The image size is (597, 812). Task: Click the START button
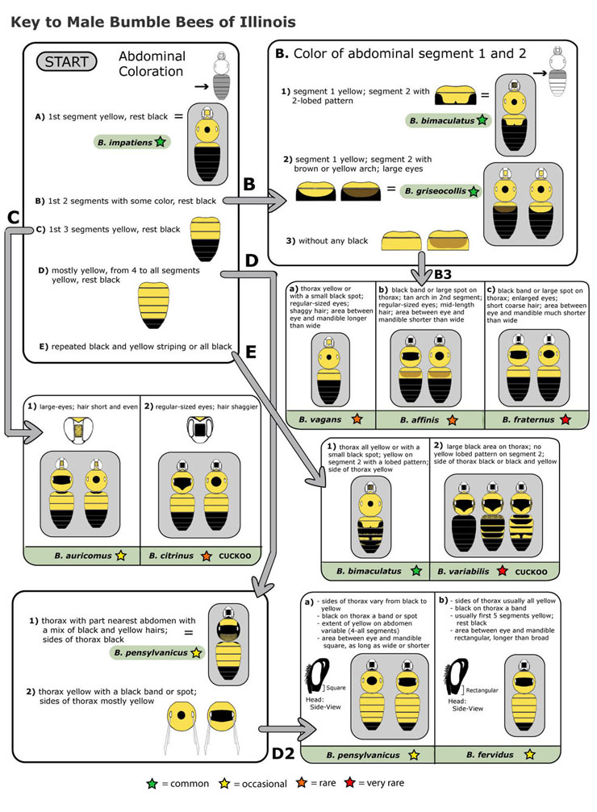67,62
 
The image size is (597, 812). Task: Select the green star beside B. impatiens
160,143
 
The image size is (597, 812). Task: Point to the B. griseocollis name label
435,191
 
